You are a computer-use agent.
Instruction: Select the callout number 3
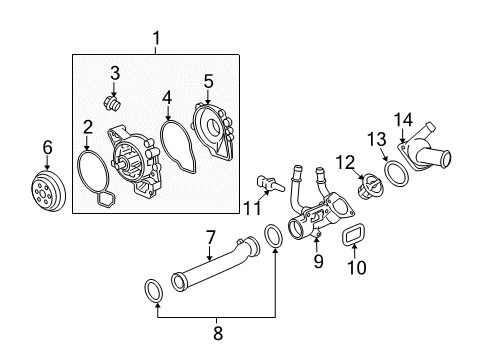(115, 73)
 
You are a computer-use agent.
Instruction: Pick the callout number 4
(167, 97)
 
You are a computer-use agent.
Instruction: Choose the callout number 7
(211, 239)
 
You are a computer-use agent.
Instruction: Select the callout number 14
(404, 121)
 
